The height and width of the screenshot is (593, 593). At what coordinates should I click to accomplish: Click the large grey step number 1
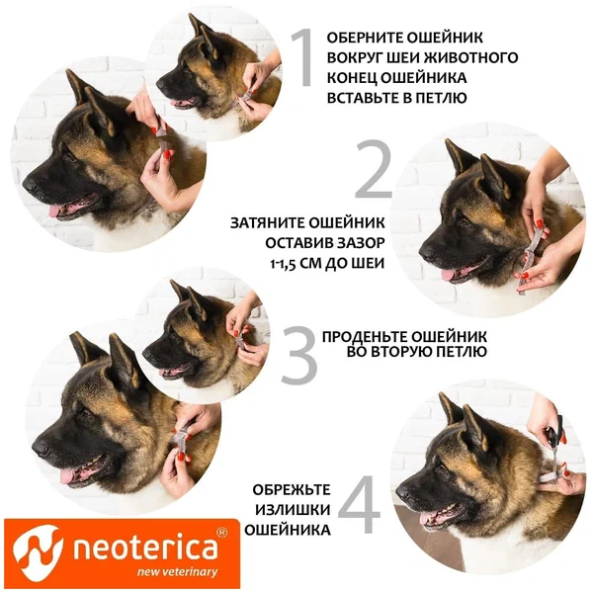click(302, 57)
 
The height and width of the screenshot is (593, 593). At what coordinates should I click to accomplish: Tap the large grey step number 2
click(374, 169)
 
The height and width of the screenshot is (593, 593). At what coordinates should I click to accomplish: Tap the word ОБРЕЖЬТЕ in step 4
click(292, 490)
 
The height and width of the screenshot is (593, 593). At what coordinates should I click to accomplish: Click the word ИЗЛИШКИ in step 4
click(293, 510)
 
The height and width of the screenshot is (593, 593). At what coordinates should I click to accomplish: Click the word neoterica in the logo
click(145, 548)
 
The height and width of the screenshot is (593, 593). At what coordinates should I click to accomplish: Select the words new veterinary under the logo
click(177, 572)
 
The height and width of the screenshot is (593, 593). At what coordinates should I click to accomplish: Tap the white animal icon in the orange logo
click(38, 553)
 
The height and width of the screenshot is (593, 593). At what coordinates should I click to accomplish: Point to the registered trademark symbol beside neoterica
click(221, 532)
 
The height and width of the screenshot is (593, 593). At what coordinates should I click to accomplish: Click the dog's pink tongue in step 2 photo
click(448, 275)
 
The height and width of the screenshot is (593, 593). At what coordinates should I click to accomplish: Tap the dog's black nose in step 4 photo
click(402, 491)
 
